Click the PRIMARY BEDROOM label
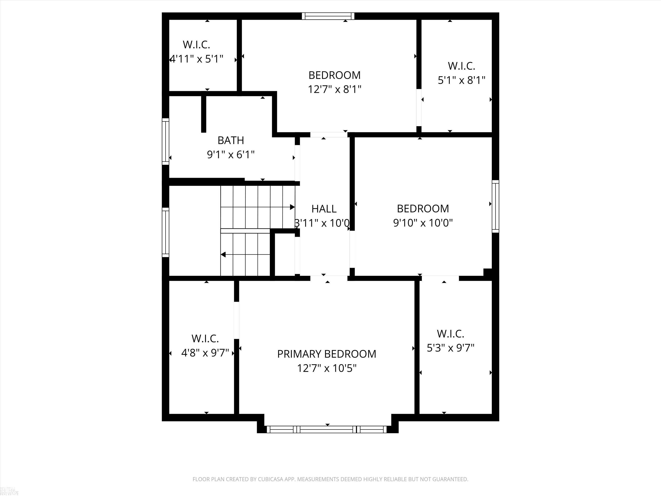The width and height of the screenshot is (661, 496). point(326,354)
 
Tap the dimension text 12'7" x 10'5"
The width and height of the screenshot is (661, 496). point(326,368)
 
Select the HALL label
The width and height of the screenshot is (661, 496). point(324,208)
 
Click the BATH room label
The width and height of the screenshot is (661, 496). point(230,140)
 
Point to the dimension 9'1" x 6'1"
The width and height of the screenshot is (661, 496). point(230,155)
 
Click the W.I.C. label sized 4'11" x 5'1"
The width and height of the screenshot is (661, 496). point(196,45)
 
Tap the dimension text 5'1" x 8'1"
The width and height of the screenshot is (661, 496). point(461,80)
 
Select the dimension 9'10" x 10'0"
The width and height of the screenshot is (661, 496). point(423,223)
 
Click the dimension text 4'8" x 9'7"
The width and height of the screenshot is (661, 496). point(205,353)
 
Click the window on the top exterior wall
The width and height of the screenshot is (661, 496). point(328,16)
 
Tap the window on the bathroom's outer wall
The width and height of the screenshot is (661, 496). point(165,141)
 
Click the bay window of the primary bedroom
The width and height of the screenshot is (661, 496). point(327,429)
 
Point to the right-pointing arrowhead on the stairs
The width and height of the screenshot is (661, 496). point(292,207)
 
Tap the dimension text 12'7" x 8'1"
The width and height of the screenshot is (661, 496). point(334,89)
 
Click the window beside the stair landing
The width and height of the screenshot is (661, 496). point(165,232)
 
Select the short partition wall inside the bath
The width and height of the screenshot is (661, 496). point(204,114)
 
